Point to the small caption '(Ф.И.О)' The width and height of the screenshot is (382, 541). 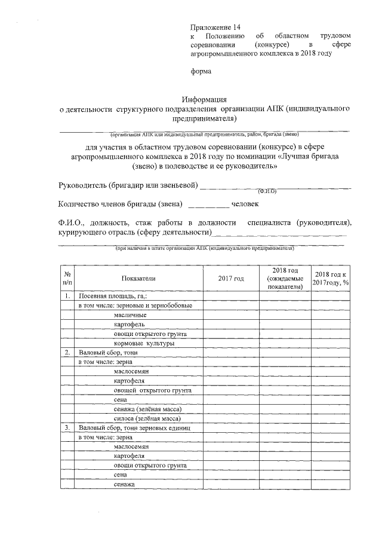click(x=266, y=192)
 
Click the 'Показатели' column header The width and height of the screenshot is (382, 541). click(x=138, y=279)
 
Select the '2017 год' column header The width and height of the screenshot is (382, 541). click(x=231, y=279)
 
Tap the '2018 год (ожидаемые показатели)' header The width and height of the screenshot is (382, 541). click(x=286, y=279)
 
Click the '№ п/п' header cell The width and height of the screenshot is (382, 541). click(x=67, y=279)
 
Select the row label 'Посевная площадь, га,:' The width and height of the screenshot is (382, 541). click(x=113, y=296)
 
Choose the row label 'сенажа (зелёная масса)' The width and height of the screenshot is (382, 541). click(x=147, y=409)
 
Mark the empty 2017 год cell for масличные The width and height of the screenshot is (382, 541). click(x=231, y=315)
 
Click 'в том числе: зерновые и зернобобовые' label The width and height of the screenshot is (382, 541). click(x=137, y=305)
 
